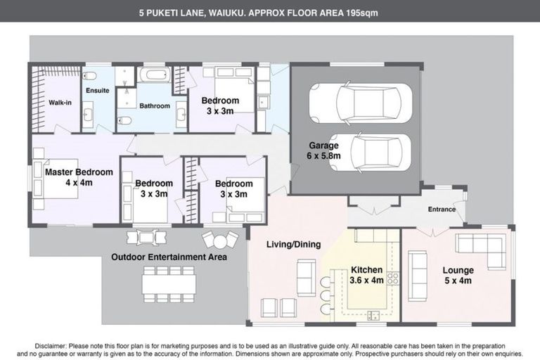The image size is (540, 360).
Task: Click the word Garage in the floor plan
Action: point(324,146)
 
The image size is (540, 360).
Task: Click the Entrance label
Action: point(442,209)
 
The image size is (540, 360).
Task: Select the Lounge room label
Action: point(458,270)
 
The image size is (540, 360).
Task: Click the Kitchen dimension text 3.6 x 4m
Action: point(367,280)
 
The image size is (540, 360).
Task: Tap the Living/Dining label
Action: point(293,245)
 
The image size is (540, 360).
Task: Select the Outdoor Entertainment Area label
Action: point(169,257)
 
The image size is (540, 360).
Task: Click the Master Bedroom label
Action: point(79,172)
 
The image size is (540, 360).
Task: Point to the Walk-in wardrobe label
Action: point(60,103)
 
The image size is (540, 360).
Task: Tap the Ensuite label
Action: point(97,91)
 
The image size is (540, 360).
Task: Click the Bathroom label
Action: point(154,106)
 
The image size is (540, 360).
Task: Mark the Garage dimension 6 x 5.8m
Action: point(324,156)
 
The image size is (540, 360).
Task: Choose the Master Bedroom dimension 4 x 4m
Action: point(79,182)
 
